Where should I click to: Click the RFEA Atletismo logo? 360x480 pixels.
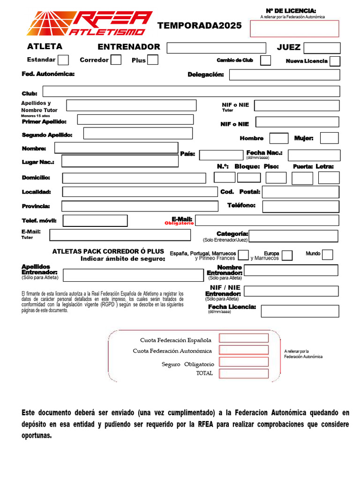(x=89, y=23)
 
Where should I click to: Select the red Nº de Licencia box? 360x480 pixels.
(x=294, y=28)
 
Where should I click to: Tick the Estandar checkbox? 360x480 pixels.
(x=63, y=60)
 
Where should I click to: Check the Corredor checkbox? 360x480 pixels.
(x=116, y=60)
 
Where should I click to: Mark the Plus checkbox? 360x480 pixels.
(x=153, y=60)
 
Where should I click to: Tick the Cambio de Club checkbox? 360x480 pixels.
(x=265, y=60)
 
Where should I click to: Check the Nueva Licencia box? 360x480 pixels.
(x=335, y=61)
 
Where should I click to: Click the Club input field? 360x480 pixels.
(x=191, y=91)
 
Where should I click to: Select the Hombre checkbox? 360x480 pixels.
(x=279, y=138)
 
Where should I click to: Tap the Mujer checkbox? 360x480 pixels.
(x=329, y=138)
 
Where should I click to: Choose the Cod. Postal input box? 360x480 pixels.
(x=300, y=192)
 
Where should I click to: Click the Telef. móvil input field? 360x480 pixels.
(x=95, y=220)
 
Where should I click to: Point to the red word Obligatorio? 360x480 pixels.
(x=179, y=224)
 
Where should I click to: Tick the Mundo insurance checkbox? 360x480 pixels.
(x=328, y=255)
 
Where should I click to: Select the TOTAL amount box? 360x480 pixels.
(x=244, y=374)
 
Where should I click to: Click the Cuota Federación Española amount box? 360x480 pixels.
(x=244, y=338)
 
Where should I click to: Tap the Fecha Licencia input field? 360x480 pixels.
(x=300, y=311)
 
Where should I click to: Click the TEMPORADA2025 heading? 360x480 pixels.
(x=200, y=26)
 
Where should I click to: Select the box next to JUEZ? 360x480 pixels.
(x=322, y=48)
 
